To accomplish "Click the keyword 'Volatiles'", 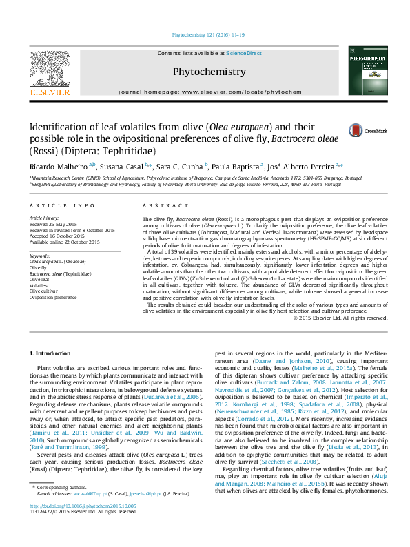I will tap(39, 286).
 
